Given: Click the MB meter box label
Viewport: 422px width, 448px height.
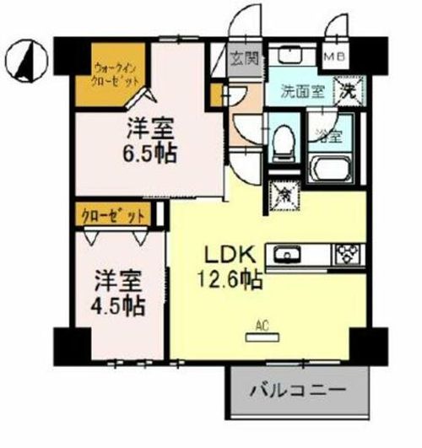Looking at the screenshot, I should coord(335,57).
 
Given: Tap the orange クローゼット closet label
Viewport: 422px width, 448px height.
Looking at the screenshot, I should coord(115,214).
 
